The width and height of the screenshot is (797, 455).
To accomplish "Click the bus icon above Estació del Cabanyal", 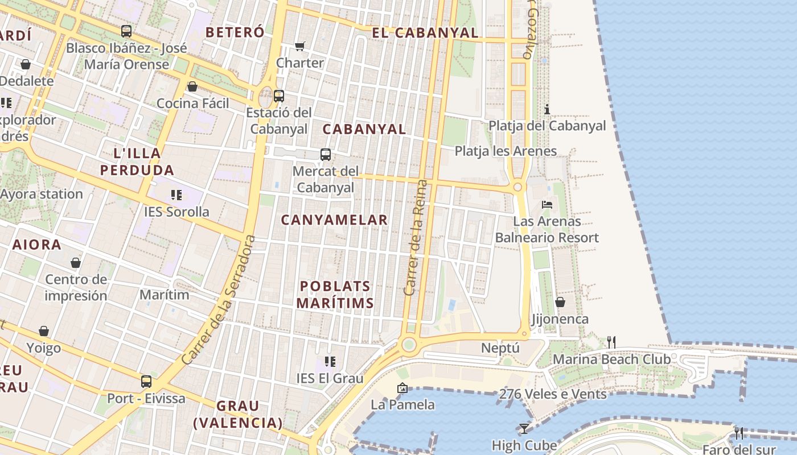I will (x=278, y=96).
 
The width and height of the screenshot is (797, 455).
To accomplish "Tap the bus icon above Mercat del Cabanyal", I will (x=326, y=154).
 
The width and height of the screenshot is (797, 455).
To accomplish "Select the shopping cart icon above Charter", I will (x=300, y=46).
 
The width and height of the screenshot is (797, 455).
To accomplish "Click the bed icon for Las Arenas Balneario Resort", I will (x=547, y=204).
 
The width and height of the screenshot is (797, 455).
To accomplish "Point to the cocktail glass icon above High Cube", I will (x=524, y=428).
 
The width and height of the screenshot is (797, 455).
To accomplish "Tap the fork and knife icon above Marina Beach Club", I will (x=611, y=342).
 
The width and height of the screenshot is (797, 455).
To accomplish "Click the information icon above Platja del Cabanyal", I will (x=548, y=109).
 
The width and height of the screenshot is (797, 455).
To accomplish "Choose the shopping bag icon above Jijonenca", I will (x=560, y=302).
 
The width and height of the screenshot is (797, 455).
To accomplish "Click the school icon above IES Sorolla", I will (x=176, y=195).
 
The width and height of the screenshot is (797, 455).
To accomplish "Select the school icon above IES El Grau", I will (x=330, y=361).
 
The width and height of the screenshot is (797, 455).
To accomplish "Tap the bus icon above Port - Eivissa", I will (x=146, y=382).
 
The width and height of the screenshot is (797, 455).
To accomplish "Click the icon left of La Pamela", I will (x=402, y=388).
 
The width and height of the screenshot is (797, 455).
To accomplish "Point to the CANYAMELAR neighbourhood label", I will (x=334, y=220).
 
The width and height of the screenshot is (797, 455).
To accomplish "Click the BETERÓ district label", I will (x=235, y=32).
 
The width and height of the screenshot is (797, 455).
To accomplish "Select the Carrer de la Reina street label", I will (x=415, y=238).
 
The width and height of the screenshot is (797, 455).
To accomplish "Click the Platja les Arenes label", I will (x=506, y=151).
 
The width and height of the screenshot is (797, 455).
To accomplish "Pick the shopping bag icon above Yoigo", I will (x=44, y=331).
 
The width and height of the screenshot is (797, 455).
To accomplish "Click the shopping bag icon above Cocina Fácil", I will (x=192, y=86).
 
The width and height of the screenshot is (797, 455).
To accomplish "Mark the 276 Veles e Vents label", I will (x=552, y=394).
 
